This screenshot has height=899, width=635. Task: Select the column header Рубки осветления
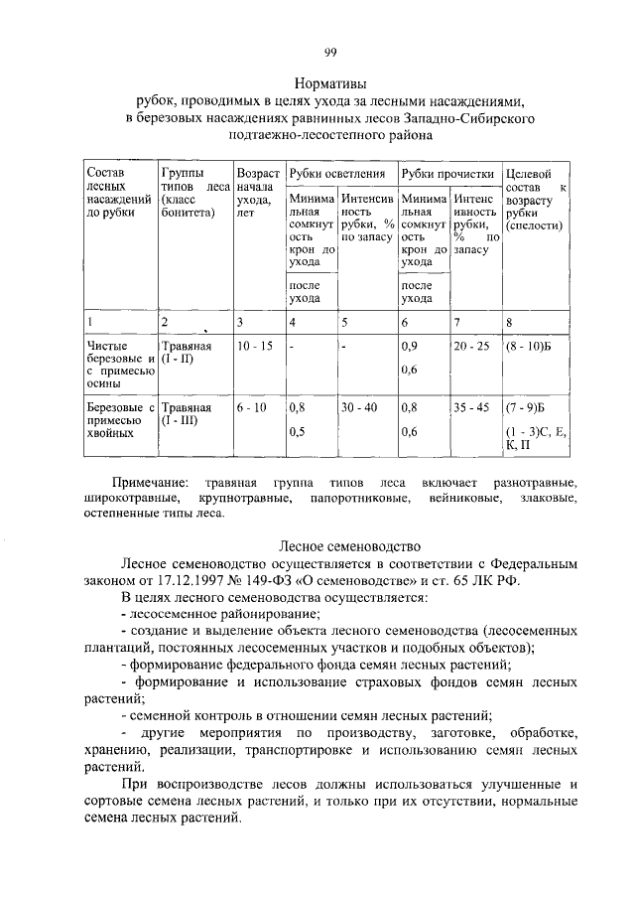tap(337, 174)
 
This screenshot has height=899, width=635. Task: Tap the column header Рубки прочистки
tap(447, 174)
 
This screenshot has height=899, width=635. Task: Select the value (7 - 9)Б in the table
tap(525, 407)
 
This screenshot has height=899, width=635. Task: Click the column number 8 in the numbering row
tap(508, 322)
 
